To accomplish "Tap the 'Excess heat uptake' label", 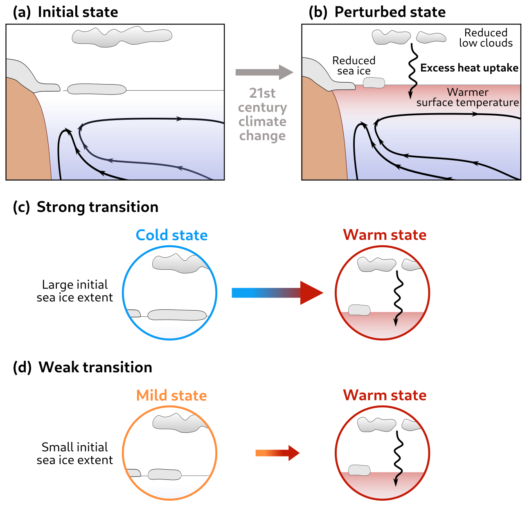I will coord(469,68).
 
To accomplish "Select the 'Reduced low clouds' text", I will coord(486,38).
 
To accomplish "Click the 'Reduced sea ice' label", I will coord(354,65).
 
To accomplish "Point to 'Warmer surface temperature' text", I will coord(468,97).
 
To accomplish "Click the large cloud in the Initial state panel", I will coord(122,36).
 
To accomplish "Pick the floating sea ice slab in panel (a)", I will coord(97,89).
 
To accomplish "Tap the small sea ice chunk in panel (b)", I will coord(374,83).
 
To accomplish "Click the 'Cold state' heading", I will coord(171,235).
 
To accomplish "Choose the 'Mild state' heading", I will coord(171,395).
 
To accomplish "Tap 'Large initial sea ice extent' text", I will coord(75,291).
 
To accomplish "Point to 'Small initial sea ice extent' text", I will coord(75,453).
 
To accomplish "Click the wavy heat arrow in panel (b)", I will coord(413,72).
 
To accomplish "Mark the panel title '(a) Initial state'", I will coord(65,12).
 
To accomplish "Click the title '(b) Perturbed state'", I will coord(377,12).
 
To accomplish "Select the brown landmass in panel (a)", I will coord(27,135).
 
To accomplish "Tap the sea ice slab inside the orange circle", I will coord(164,475).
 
